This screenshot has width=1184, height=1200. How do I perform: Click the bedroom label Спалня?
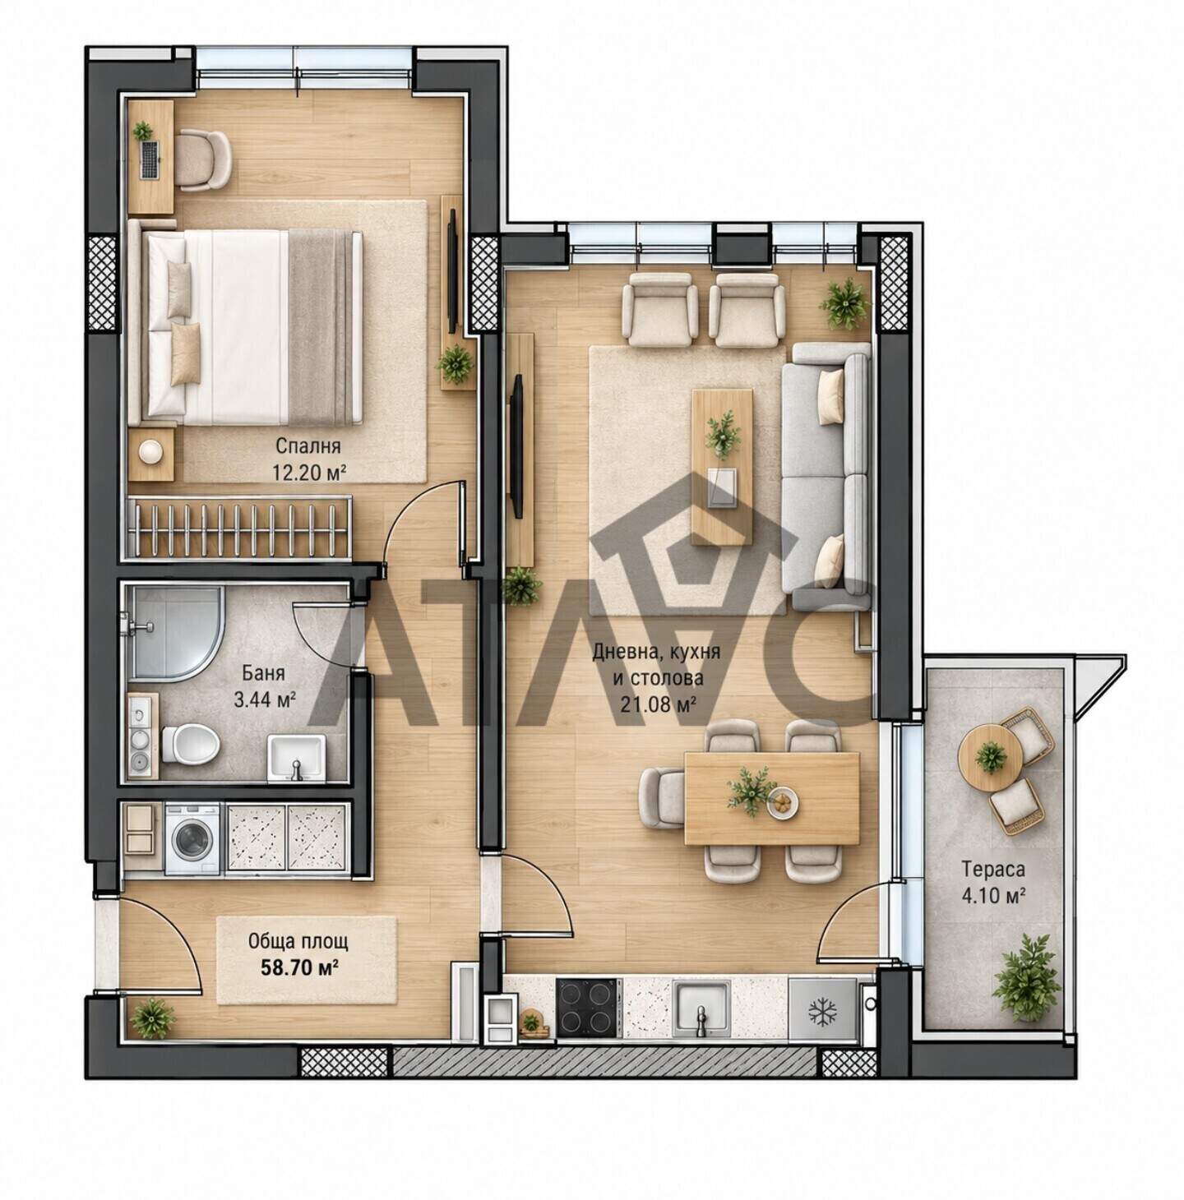coord(308,446)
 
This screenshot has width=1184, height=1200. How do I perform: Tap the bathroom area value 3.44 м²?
coord(264,700)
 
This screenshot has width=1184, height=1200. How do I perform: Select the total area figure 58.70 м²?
coord(298,967)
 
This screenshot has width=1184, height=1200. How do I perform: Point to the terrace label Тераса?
coord(992,869)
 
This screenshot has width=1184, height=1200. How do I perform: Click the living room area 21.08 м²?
coord(658,704)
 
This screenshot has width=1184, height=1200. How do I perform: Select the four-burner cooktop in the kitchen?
coord(587,1007)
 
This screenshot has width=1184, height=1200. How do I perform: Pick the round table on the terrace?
coord(989,758)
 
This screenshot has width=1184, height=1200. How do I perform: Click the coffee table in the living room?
coord(722,467)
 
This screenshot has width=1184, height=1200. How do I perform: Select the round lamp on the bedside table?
coord(151,451)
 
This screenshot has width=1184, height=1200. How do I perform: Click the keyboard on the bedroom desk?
coord(150,159)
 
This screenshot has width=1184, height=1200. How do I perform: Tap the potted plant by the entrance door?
coord(151,1019)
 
